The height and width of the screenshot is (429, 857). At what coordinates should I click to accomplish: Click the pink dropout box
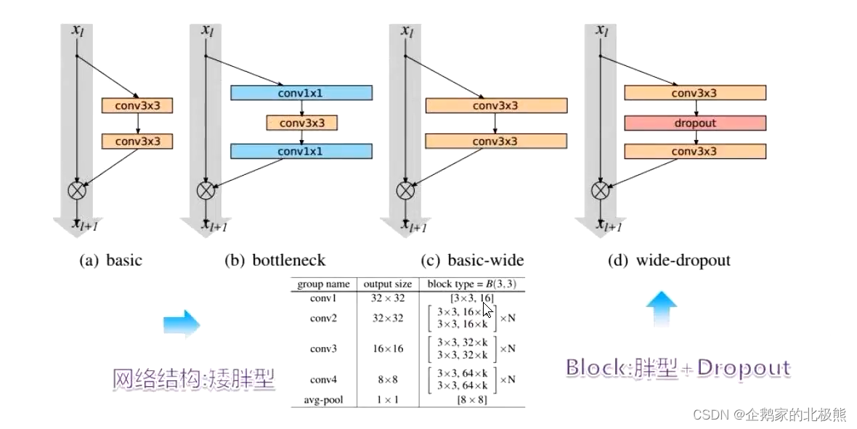[695, 123]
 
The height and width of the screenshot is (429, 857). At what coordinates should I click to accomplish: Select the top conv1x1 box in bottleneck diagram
[301, 93]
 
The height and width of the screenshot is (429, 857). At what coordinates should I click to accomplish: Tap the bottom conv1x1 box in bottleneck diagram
[301, 151]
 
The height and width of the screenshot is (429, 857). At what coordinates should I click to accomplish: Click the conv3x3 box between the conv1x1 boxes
[301, 123]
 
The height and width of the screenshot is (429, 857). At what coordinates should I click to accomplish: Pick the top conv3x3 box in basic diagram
[137, 106]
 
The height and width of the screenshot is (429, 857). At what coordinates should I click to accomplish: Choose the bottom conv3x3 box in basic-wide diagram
[495, 141]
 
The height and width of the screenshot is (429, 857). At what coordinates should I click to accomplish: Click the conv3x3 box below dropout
[695, 151]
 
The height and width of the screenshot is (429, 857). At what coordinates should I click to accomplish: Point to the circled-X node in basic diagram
[76, 191]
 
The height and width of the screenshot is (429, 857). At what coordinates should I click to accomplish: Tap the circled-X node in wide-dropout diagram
[599, 191]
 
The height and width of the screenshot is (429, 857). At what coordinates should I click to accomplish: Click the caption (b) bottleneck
[275, 260]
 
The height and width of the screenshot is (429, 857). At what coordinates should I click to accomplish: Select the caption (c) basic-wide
[472, 260]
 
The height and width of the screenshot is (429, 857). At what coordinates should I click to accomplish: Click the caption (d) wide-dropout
[668, 260]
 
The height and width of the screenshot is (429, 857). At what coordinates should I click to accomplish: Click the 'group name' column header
[324, 284]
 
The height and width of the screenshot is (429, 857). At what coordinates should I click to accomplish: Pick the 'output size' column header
[387, 284]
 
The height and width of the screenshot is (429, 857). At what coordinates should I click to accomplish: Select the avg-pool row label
[324, 400]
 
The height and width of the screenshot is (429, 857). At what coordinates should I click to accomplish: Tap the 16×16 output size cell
[387, 348]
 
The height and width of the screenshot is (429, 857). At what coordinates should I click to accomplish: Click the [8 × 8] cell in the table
[471, 400]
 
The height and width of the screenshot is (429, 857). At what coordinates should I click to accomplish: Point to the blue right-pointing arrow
[181, 323]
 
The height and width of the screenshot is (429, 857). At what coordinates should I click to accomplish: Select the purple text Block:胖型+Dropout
[678, 368]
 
